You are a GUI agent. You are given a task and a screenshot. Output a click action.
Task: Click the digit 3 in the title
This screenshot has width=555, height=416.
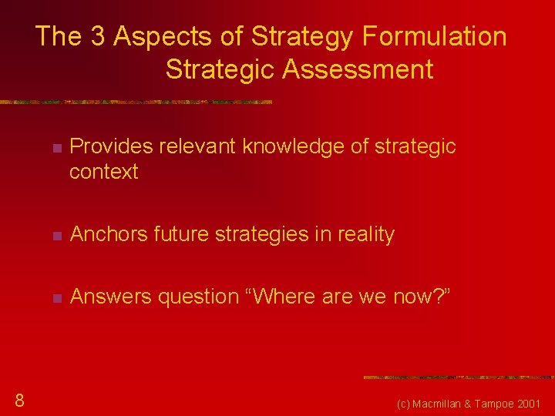point(99,36)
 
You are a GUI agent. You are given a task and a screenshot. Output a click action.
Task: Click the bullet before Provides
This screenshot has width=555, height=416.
point(55,147)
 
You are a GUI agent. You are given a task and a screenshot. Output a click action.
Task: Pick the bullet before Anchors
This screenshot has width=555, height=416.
point(55,235)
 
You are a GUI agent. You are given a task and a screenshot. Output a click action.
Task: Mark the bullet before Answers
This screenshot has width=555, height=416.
point(55,297)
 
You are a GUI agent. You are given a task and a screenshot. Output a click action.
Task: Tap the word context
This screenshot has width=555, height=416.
point(103,172)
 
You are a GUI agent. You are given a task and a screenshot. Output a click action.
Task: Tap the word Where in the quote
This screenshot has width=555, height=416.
point(284,297)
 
